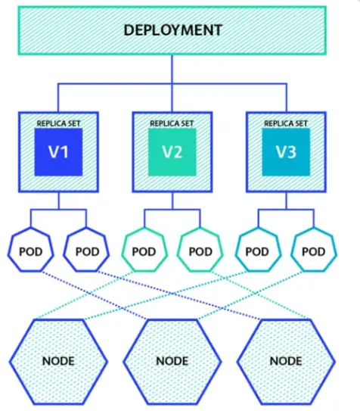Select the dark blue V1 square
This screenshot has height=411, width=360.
coord(58,151)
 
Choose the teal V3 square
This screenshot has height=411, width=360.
coord(285,151)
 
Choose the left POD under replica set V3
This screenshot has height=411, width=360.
coord(257,251)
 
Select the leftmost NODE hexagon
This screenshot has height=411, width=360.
coord(58,360)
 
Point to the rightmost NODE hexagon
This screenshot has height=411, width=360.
coord(285,360)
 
